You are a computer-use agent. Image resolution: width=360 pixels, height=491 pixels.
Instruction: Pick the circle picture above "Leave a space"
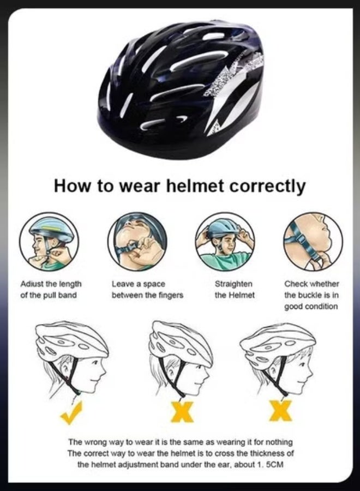(x=137, y=240)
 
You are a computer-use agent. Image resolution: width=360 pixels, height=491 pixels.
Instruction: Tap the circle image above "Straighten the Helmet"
(x=225, y=240)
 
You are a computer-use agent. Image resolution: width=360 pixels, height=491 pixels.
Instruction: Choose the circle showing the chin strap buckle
(x=313, y=240)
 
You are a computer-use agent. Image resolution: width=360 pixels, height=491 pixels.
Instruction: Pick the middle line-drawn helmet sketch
(x=181, y=357)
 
